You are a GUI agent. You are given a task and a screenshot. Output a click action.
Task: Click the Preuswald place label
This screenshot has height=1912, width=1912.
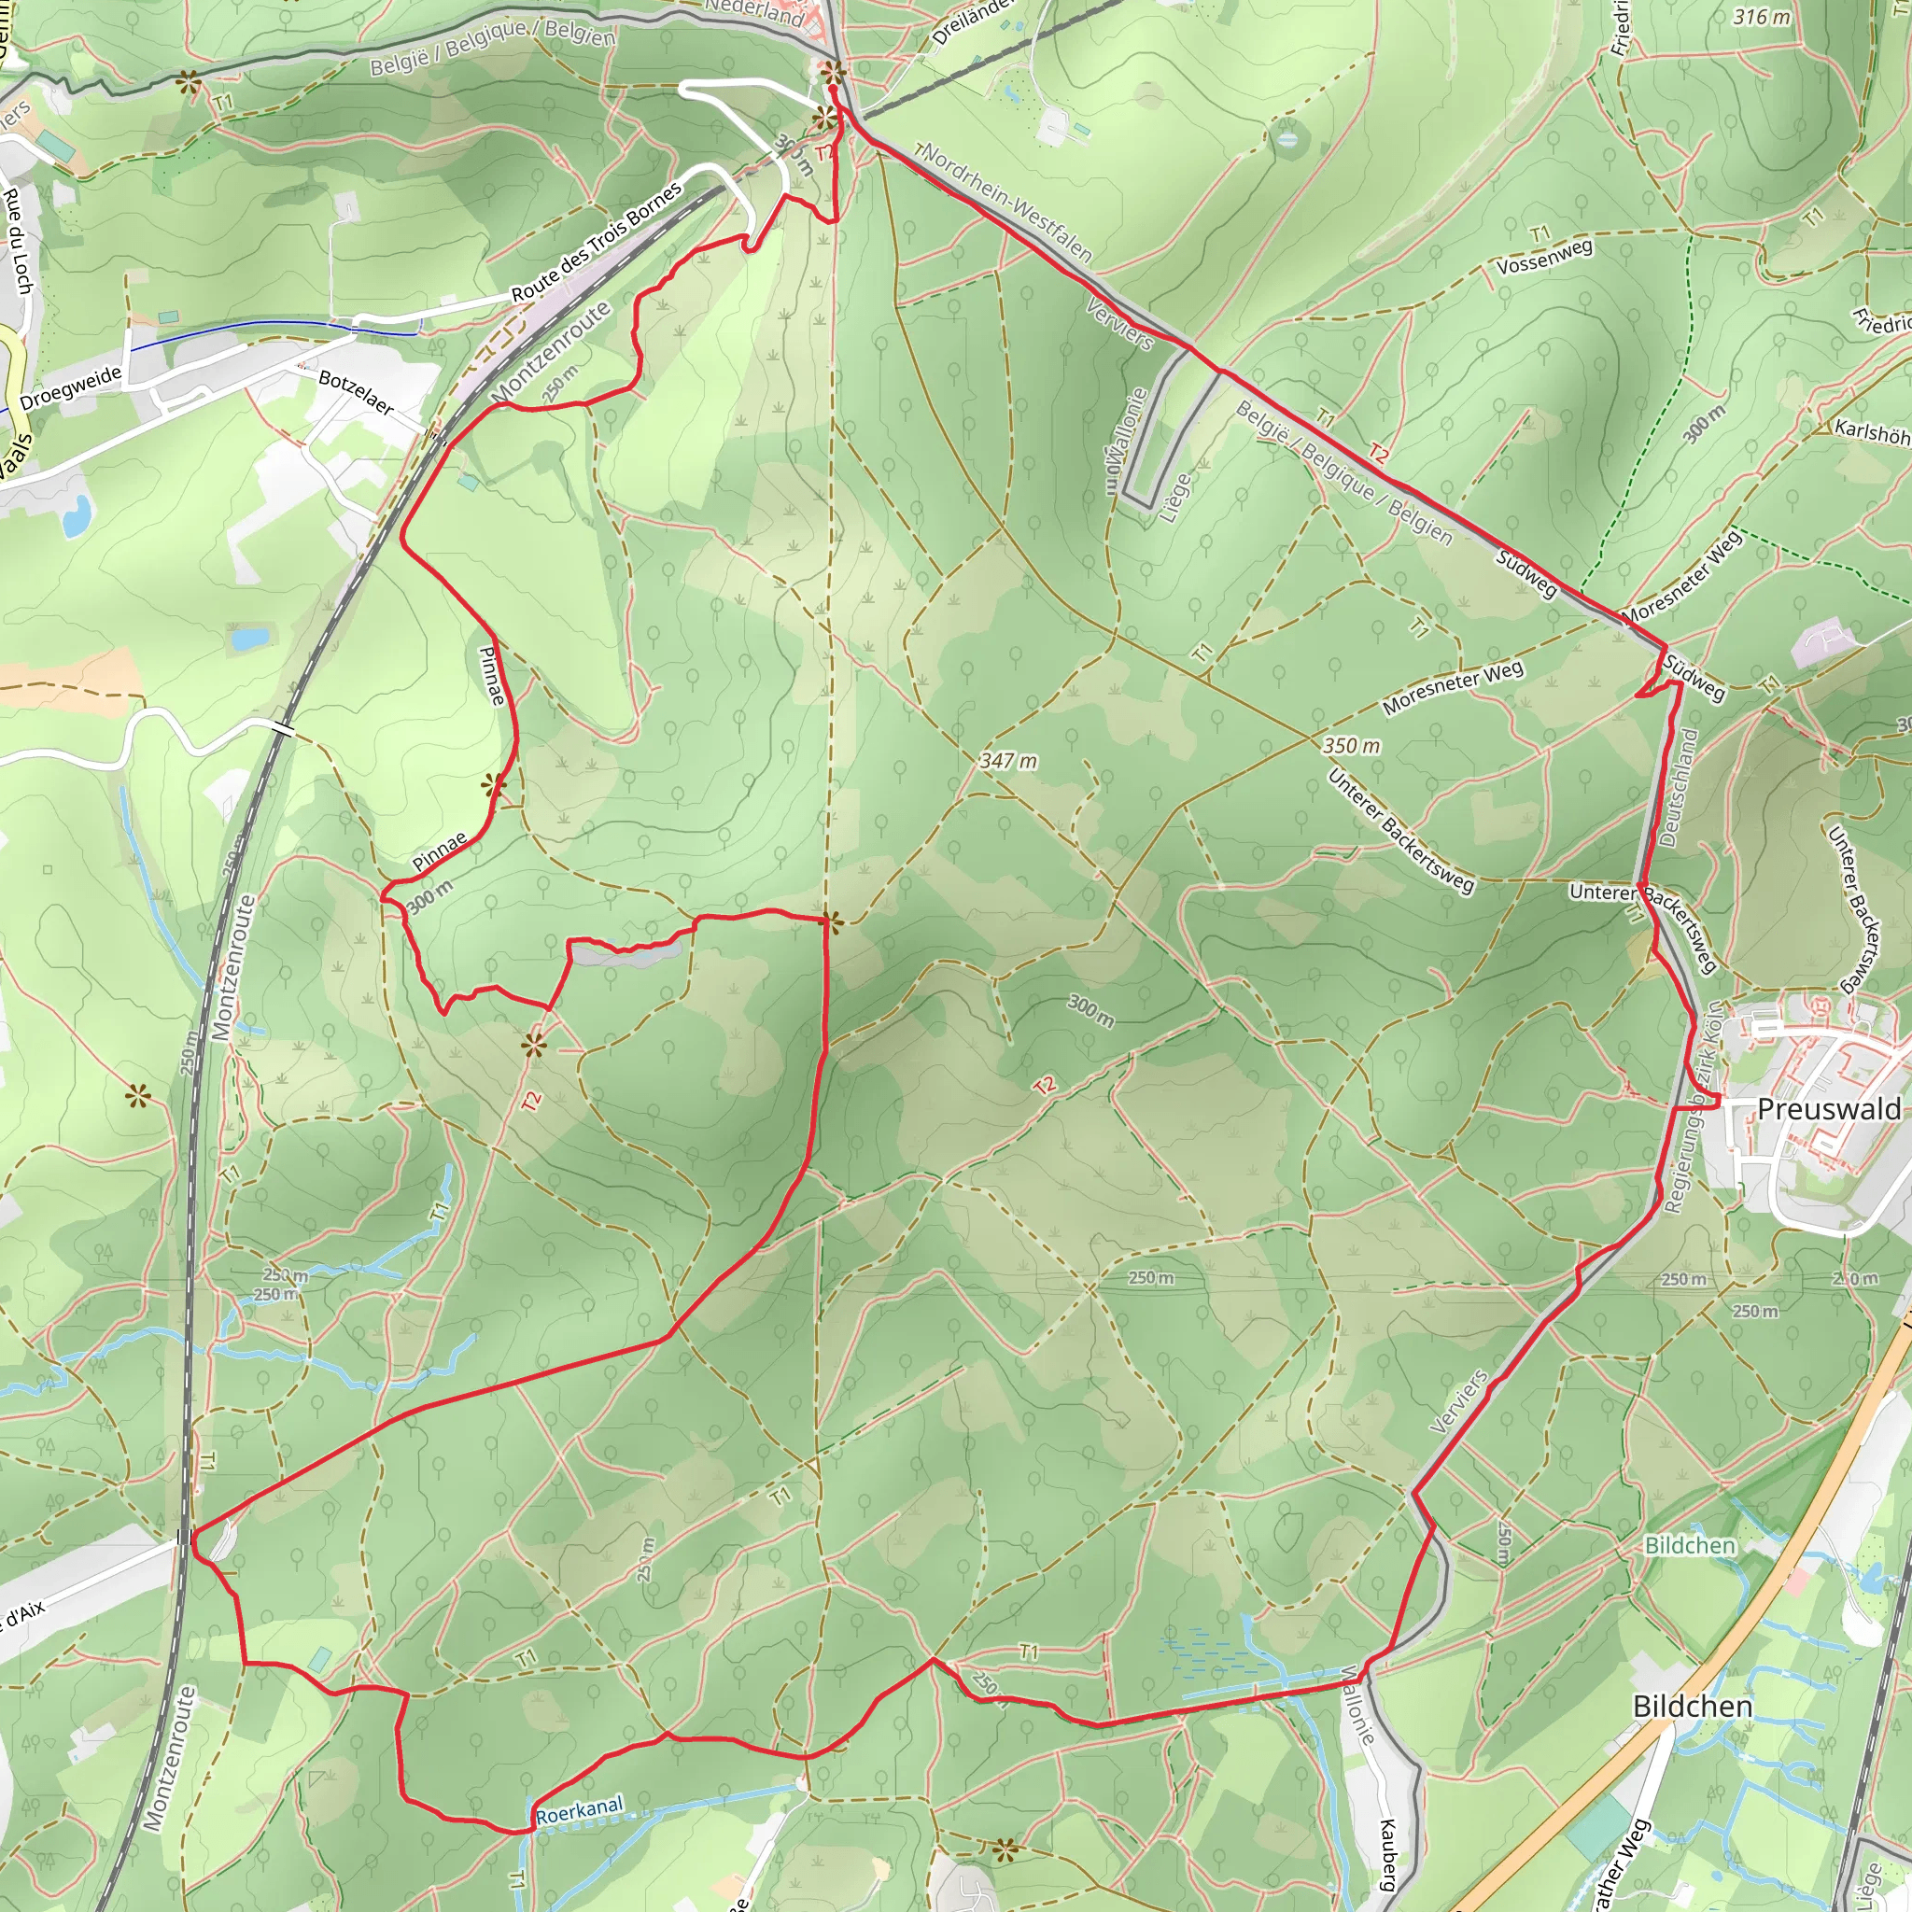(1829, 1109)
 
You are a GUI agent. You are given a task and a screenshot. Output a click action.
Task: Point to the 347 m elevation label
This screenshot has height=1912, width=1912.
(1008, 761)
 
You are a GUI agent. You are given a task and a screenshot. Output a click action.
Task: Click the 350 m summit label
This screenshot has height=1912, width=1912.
(1351, 746)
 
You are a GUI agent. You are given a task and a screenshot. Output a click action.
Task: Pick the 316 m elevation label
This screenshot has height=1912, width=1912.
(1762, 17)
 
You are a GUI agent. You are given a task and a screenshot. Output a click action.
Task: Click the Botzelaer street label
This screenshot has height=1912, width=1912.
(357, 393)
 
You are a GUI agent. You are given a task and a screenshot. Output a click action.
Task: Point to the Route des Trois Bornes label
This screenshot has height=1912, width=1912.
(596, 243)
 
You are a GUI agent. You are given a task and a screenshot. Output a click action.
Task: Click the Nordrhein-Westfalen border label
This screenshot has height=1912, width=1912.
(1007, 204)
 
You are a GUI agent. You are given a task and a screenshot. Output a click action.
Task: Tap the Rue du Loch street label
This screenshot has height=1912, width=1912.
(18, 241)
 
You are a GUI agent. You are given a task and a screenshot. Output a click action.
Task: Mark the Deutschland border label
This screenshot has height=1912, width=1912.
(1679, 788)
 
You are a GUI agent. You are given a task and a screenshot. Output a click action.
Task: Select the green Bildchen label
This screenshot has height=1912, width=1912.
(1689, 1545)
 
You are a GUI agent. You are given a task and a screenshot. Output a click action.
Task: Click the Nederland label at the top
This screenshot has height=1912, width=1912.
(754, 12)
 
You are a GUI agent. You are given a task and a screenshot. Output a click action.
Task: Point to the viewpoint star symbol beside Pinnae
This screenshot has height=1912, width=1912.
(493, 787)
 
